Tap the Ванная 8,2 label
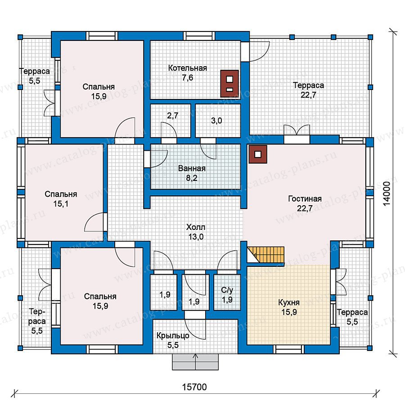tap(192, 173)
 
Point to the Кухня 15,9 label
tap(289, 307)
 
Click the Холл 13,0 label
tap(196, 232)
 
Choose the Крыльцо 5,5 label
tap(173, 340)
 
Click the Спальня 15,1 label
tap(61, 199)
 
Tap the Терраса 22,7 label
tap(308, 90)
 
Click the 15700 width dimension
tap(194, 387)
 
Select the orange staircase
tap(266, 255)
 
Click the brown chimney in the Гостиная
tap(258, 154)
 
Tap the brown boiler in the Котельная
tap(229, 83)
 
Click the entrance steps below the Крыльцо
tap(196, 362)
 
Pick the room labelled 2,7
tap(171, 121)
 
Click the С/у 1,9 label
tap(227, 295)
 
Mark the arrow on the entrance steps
tap(196, 362)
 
